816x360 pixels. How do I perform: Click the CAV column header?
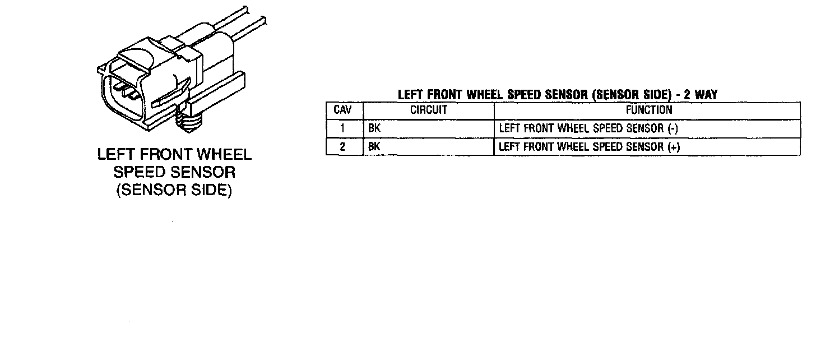point(343,110)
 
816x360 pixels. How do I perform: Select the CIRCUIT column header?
point(429,110)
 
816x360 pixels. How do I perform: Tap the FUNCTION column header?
point(649,110)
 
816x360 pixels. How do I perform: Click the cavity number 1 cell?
point(342,128)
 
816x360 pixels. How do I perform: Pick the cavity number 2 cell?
point(342,147)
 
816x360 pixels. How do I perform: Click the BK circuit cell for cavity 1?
point(374,128)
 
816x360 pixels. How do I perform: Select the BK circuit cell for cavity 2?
point(374,147)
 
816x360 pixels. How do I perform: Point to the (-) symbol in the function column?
point(673,128)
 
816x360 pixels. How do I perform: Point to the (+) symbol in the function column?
point(674,147)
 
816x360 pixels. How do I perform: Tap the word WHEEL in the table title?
point(485,95)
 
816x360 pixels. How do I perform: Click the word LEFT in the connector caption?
point(115,155)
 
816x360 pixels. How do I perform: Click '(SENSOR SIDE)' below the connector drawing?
point(174,190)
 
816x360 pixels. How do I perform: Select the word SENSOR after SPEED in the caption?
point(201,172)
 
